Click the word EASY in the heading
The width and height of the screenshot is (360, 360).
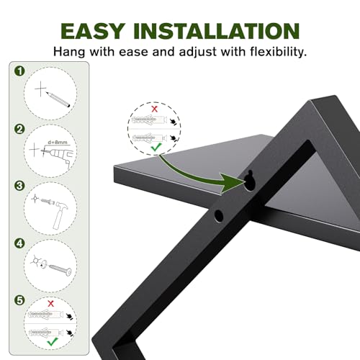pos(93,31)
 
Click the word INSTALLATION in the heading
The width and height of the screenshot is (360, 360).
pos(217,31)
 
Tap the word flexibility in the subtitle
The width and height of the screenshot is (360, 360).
pos(278,51)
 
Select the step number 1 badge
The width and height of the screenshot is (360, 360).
pos(19,71)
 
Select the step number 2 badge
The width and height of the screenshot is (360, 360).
pos(19,129)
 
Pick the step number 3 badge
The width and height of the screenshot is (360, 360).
pos(19,186)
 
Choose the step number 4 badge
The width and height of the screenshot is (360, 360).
pos(19,243)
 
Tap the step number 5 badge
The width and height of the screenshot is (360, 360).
pos(19,300)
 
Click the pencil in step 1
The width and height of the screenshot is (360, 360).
pos(58,99)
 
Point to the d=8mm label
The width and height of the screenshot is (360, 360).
pos(58,143)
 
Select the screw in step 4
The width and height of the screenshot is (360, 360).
pos(60,270)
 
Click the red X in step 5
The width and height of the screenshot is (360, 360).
pos(51,304)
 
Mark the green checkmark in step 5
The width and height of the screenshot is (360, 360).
pos(53,341)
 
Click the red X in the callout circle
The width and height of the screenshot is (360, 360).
pos(155,109)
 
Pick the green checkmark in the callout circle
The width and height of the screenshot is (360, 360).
pos(156,147)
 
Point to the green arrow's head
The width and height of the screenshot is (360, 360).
pos(233,183)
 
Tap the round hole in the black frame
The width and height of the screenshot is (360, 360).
pos(218,215)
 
